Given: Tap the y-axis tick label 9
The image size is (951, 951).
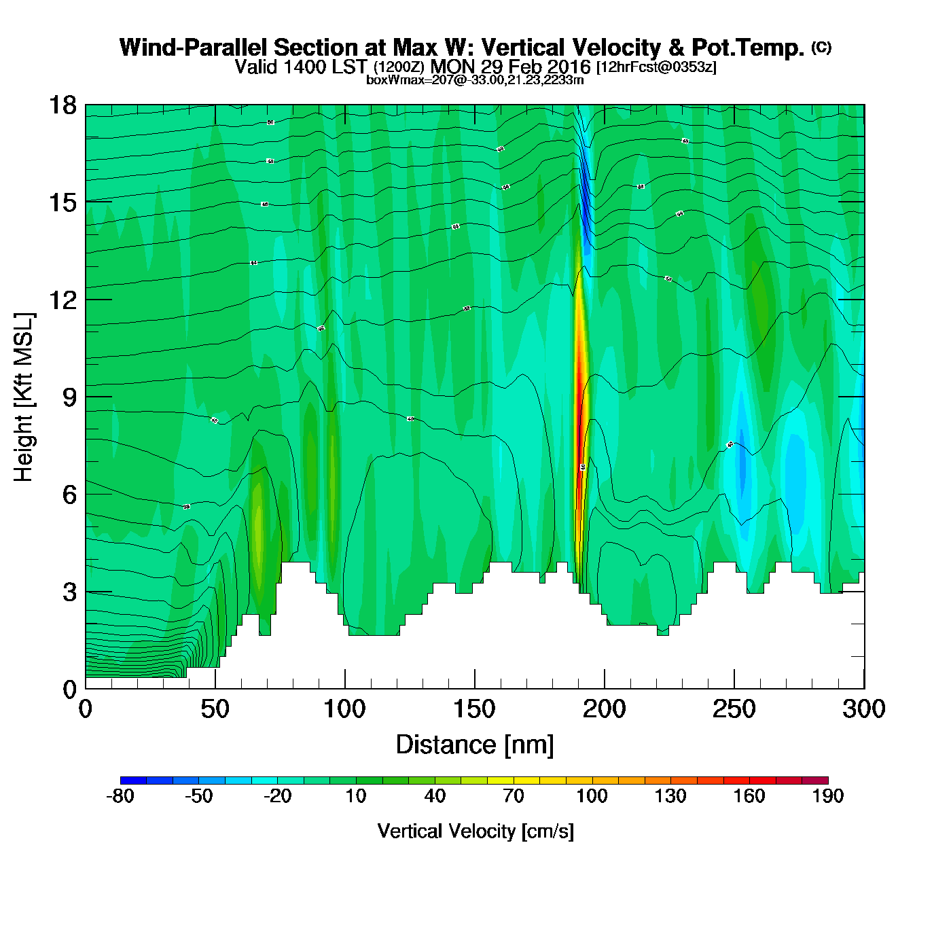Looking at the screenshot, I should (x=69, y=397).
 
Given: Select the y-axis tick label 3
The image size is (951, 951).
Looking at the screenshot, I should (x=69, y=592).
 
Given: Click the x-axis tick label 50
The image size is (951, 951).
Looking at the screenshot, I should (x=215, y=709).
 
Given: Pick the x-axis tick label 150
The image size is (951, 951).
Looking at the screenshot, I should (x=474, y=709).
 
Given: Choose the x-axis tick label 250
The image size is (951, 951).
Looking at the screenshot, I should (x=734, y=709).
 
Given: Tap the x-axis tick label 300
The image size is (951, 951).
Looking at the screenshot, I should (x=863, y=709).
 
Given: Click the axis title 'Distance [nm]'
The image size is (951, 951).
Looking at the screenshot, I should (x=475, y=745).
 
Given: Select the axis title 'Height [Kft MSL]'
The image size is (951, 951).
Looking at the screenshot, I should (x=24, y=397).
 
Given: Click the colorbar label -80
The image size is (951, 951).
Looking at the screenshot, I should (x=120, y=796).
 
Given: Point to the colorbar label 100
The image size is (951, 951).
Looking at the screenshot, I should (x=592, y=796).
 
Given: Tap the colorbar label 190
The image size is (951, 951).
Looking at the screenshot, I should (x=827, y=796).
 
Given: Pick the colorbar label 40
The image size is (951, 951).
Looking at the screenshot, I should (x=435, y=796).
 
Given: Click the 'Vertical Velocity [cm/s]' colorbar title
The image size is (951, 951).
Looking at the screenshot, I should (x=475, y=831).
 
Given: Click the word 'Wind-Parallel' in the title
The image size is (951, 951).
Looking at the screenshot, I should (x=194, y=48).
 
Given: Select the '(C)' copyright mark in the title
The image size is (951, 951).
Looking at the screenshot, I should (x=821, y=47).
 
